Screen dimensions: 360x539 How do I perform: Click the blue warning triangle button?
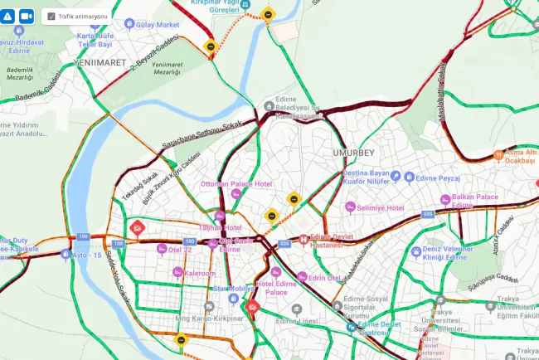pos(8,16)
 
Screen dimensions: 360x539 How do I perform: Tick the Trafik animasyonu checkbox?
pos(51,16)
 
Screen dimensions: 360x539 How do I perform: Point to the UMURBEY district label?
pos(353,153)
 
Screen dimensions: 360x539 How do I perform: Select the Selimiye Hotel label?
pos(380,207)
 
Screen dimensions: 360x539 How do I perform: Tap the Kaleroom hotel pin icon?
pos(177,273)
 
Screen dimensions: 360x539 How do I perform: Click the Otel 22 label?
pos(180,249)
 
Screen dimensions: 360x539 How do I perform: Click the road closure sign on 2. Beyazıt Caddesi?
pos(212,47)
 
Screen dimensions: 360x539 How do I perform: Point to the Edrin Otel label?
pos(325,278)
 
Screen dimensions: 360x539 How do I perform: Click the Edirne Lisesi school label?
pos(298,321)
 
